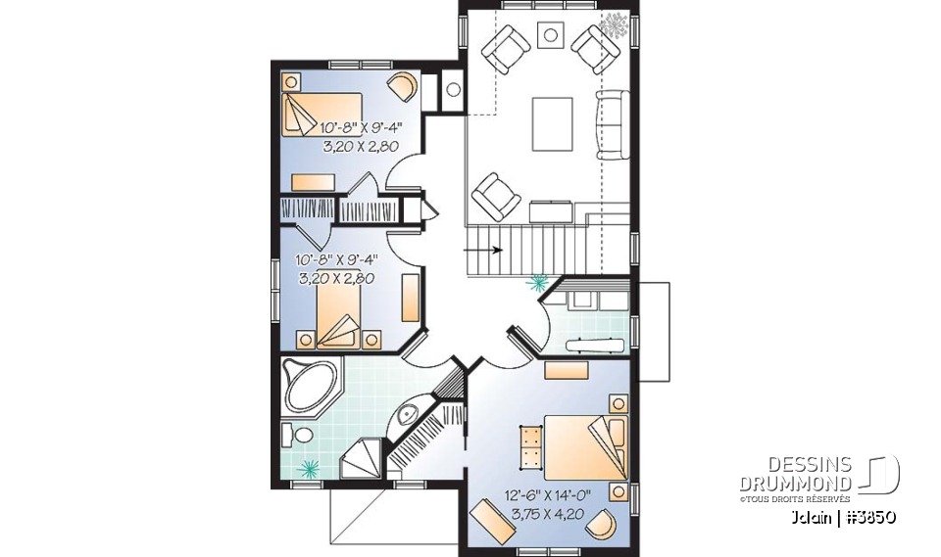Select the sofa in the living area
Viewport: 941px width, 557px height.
(614, 123)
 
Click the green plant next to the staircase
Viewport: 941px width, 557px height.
(536, 284)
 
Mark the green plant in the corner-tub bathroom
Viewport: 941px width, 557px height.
(310, 468)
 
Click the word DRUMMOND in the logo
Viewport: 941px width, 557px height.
(795, 485)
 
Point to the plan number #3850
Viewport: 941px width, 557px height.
(869, 516)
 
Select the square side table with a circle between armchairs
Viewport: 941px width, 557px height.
(551, 35)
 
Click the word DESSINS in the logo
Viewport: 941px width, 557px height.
(810, 466)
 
